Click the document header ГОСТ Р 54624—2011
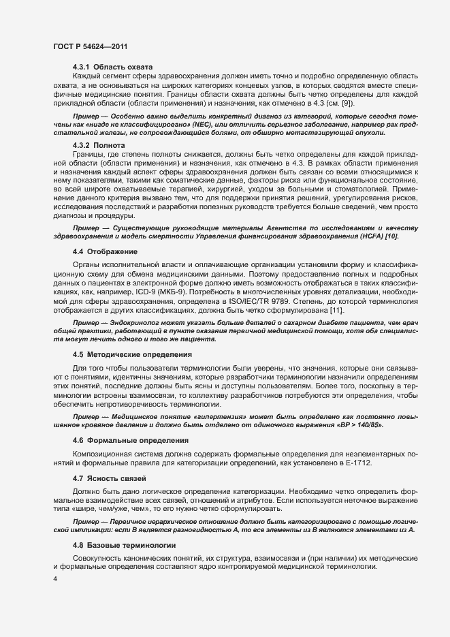click(x=89, y=46)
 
